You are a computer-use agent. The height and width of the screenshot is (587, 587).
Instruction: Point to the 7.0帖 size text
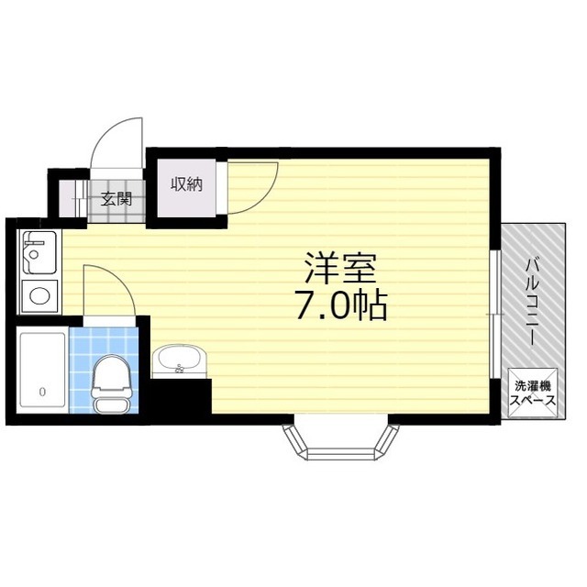tap(340, 305)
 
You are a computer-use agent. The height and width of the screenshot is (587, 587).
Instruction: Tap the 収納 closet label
tap(186, 183)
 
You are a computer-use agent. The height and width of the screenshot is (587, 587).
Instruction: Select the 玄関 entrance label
tap(116, 199)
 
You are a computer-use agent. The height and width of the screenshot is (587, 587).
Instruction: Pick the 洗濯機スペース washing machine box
tap(533, 393)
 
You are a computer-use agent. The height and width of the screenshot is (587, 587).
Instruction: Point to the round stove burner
tap(39, 296)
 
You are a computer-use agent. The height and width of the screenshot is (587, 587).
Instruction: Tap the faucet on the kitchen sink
tap(29, 249)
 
